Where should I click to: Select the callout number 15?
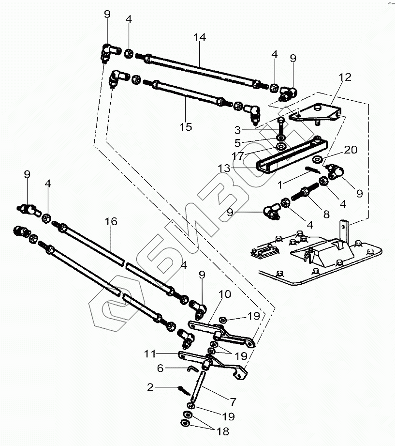[186, 127]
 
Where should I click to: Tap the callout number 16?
[111, 221]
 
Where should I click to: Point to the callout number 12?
[345, 77]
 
